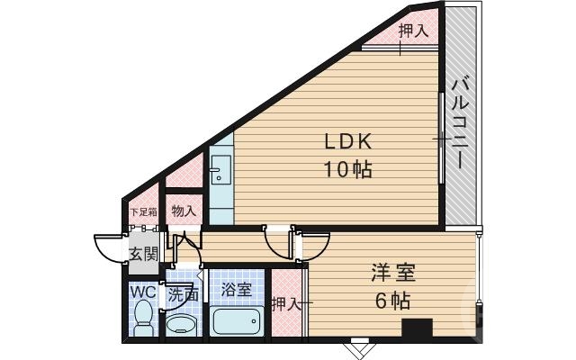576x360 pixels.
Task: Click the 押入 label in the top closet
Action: [x=413, y=30]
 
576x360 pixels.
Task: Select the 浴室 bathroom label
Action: [x=237, y=290]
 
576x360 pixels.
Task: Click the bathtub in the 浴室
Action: [x=236, y=319]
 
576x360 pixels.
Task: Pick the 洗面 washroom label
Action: [x=184, y=292]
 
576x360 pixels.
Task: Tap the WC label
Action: [x=144, y=292]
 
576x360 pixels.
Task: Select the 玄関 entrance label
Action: [x=143, y=253]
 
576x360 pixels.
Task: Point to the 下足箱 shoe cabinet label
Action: [x=143, y=212]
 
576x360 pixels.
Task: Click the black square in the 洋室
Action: [x=416, y=329]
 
